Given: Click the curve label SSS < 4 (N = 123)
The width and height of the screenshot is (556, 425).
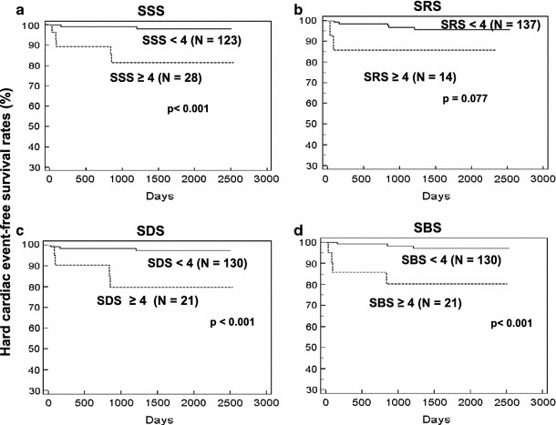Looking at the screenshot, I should [x=191, y=42].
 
